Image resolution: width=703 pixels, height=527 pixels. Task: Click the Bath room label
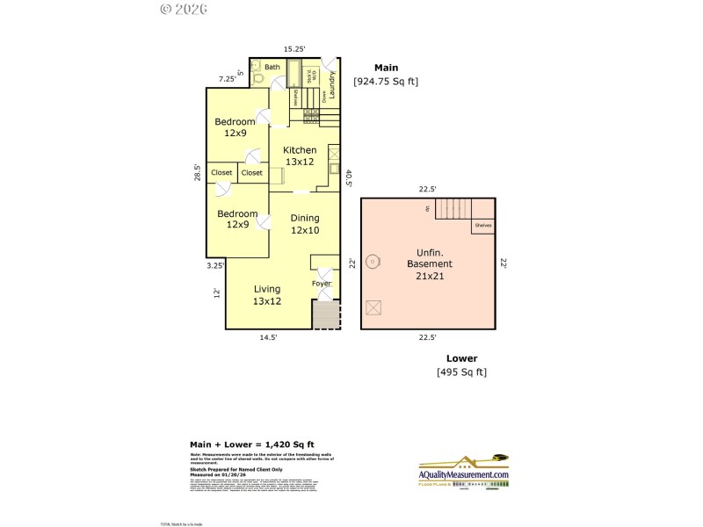click(x=272, y=67)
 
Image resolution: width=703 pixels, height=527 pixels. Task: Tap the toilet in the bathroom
click(x=257, y=78)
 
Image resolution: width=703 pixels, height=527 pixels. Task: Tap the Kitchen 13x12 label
click(x=300, y=155)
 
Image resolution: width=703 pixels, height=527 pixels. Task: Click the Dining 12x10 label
click(x=305, y=224)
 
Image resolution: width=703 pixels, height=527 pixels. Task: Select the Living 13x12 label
click(x=267, y=295)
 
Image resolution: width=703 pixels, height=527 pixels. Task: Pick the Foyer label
click(x=322, y=284)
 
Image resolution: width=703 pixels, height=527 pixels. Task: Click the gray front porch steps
click(x=325, y=315)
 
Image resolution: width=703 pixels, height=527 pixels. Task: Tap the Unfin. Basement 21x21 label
click(x=428, y=263)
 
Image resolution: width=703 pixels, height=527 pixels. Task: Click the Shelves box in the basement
click(x=482, y=226)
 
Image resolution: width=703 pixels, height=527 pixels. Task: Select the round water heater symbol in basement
click(x=373, y=261)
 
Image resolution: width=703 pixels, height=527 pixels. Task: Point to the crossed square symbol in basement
click(x=373, y=307)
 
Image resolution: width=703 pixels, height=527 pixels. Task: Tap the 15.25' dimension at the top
click(x=294, y=49)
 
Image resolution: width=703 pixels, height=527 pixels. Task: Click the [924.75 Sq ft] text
click(x=386, y=82)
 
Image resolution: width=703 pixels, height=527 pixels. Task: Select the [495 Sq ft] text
click(x=461, y=372)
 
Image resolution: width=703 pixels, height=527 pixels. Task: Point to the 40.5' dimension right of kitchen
click(x=349, y=178)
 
